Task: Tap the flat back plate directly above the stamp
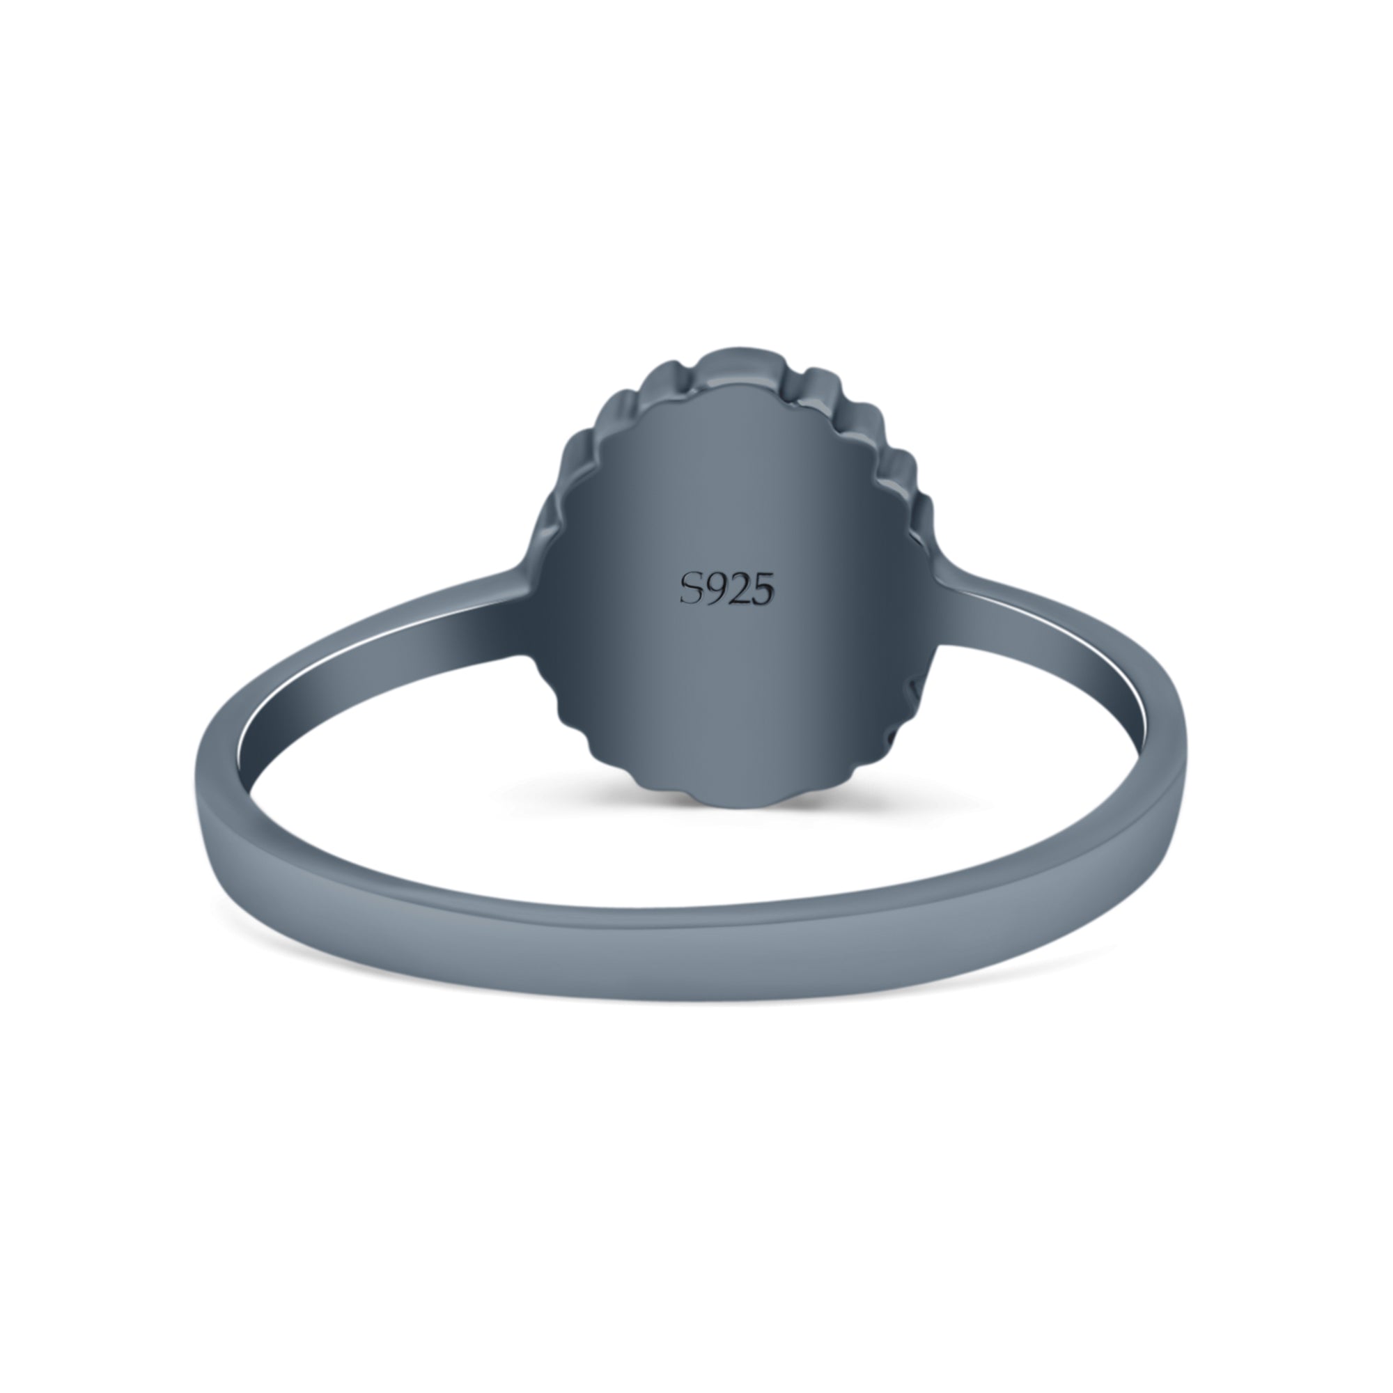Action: coord(726,490)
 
